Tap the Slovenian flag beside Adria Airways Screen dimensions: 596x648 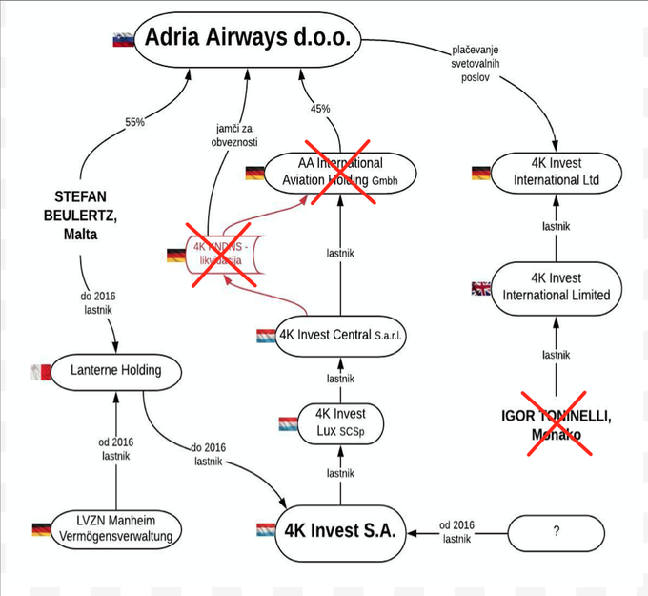tap(123, 40)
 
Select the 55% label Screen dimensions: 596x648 tap(134, 123)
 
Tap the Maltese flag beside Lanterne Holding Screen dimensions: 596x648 tap(40, 370)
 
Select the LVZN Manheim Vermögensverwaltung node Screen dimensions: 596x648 tap(117, 528)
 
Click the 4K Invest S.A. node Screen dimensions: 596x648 tap(341, 528)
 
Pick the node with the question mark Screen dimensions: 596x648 tap(556, 531)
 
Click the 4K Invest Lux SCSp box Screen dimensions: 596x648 tap(340, 423)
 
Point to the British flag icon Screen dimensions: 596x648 tap(481, 288)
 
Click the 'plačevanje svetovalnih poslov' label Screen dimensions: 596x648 tap(474, 64)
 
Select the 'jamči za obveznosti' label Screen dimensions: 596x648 tap(234, 134)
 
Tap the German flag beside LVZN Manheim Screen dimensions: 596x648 tap(41, 529)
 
